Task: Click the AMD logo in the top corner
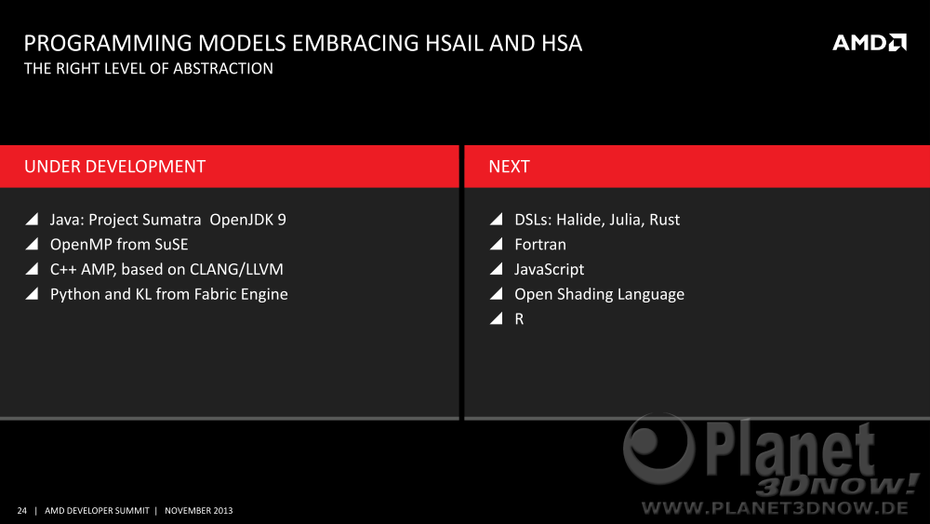[870, 43]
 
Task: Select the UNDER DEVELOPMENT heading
[115, 167]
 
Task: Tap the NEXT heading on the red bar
[509, 167]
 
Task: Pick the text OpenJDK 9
[248, 220]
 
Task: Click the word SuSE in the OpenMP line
[171, 245]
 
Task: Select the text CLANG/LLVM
[236, 269]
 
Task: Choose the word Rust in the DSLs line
[664, 220]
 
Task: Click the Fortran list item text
[540, 245]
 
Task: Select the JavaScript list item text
[550, 270]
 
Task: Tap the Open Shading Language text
[600, 295]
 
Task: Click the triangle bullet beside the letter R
[497, 318]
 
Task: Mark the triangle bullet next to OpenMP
[33, 244]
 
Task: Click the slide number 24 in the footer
[22, 510]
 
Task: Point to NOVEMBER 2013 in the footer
[199, 510]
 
